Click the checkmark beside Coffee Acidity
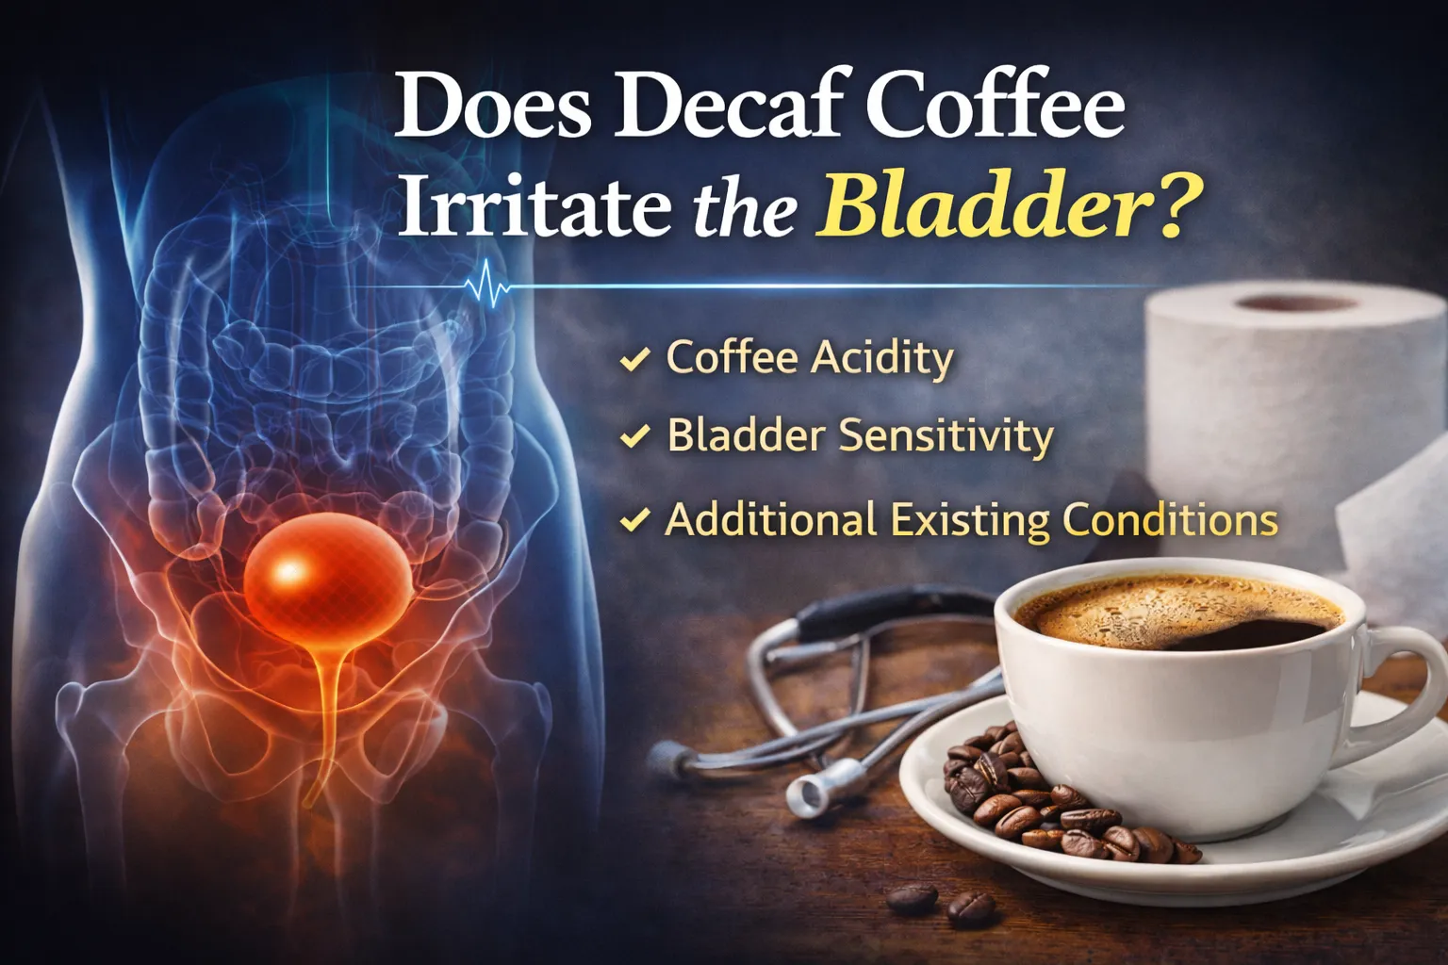pos(634,359)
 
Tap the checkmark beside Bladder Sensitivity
pos(634,436)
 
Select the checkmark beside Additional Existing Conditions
pos(634,520)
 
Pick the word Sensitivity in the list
pos(946,436)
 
